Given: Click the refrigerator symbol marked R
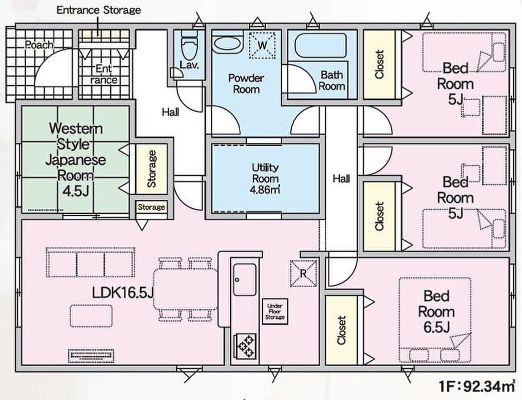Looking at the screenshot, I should pyautogui.click(x=303, y=273).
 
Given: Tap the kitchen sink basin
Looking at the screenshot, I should pyautogui.click(x=245, y=279).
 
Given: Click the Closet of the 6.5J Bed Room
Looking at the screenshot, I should pyautogui.click(x=342, y=329).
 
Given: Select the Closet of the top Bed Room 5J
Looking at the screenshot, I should pyautogui.click(x=379, y=64).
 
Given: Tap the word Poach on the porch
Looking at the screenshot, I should pyautogui.click(x=40, y=45).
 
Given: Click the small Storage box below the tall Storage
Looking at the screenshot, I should pyautogui.click(x=151, y=207).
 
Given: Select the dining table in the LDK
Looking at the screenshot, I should pyautogui.click(x=185, y=288).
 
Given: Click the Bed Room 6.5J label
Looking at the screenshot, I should pyautogui.click(x=436, y=311).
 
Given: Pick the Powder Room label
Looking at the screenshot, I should pyautogui.click(x=246, y=83).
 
